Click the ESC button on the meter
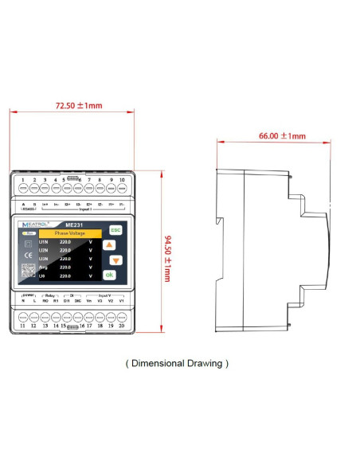tap(115, 229)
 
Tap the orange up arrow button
tap(110, 244)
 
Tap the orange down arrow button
tap(115, 260)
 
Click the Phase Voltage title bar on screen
tap(70, 233)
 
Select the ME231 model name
tap(74, 225)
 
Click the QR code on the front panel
tap(28, 270)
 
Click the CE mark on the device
tap(28, 255)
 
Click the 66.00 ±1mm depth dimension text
tap(282, 136)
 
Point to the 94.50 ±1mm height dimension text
tap(167, 258)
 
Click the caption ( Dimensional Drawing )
tap(178, 363)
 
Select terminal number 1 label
tap(23, 181)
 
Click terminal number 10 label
tap(122, 181)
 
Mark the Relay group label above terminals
tap(50, 294)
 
